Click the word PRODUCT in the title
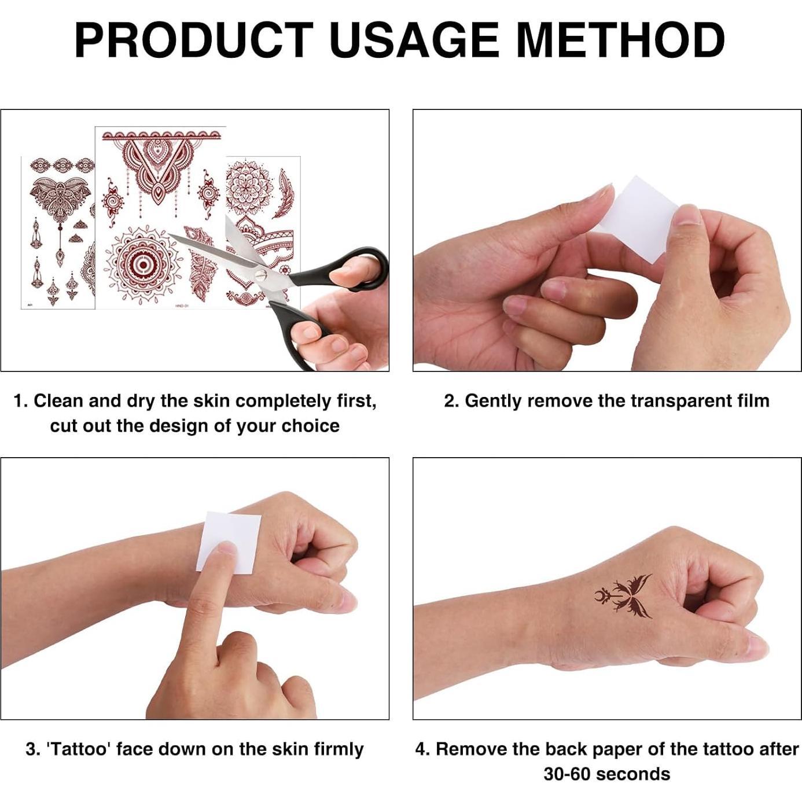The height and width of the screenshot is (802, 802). [193, 41]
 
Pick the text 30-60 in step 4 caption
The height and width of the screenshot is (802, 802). [564, 774]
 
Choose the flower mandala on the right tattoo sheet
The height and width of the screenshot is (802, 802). [247, 186]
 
